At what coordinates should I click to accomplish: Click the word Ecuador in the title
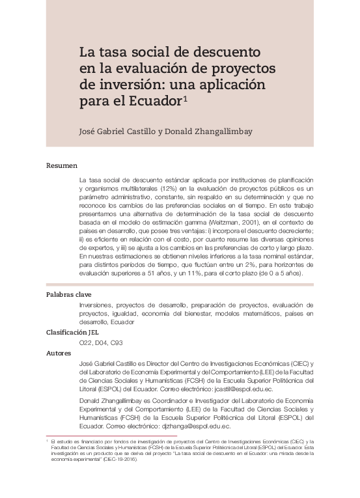pos(155,102)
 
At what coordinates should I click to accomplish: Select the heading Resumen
pos(62,165)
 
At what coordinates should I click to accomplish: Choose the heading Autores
pos(60,353)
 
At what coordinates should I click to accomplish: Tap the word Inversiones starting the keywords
pos(97,305)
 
